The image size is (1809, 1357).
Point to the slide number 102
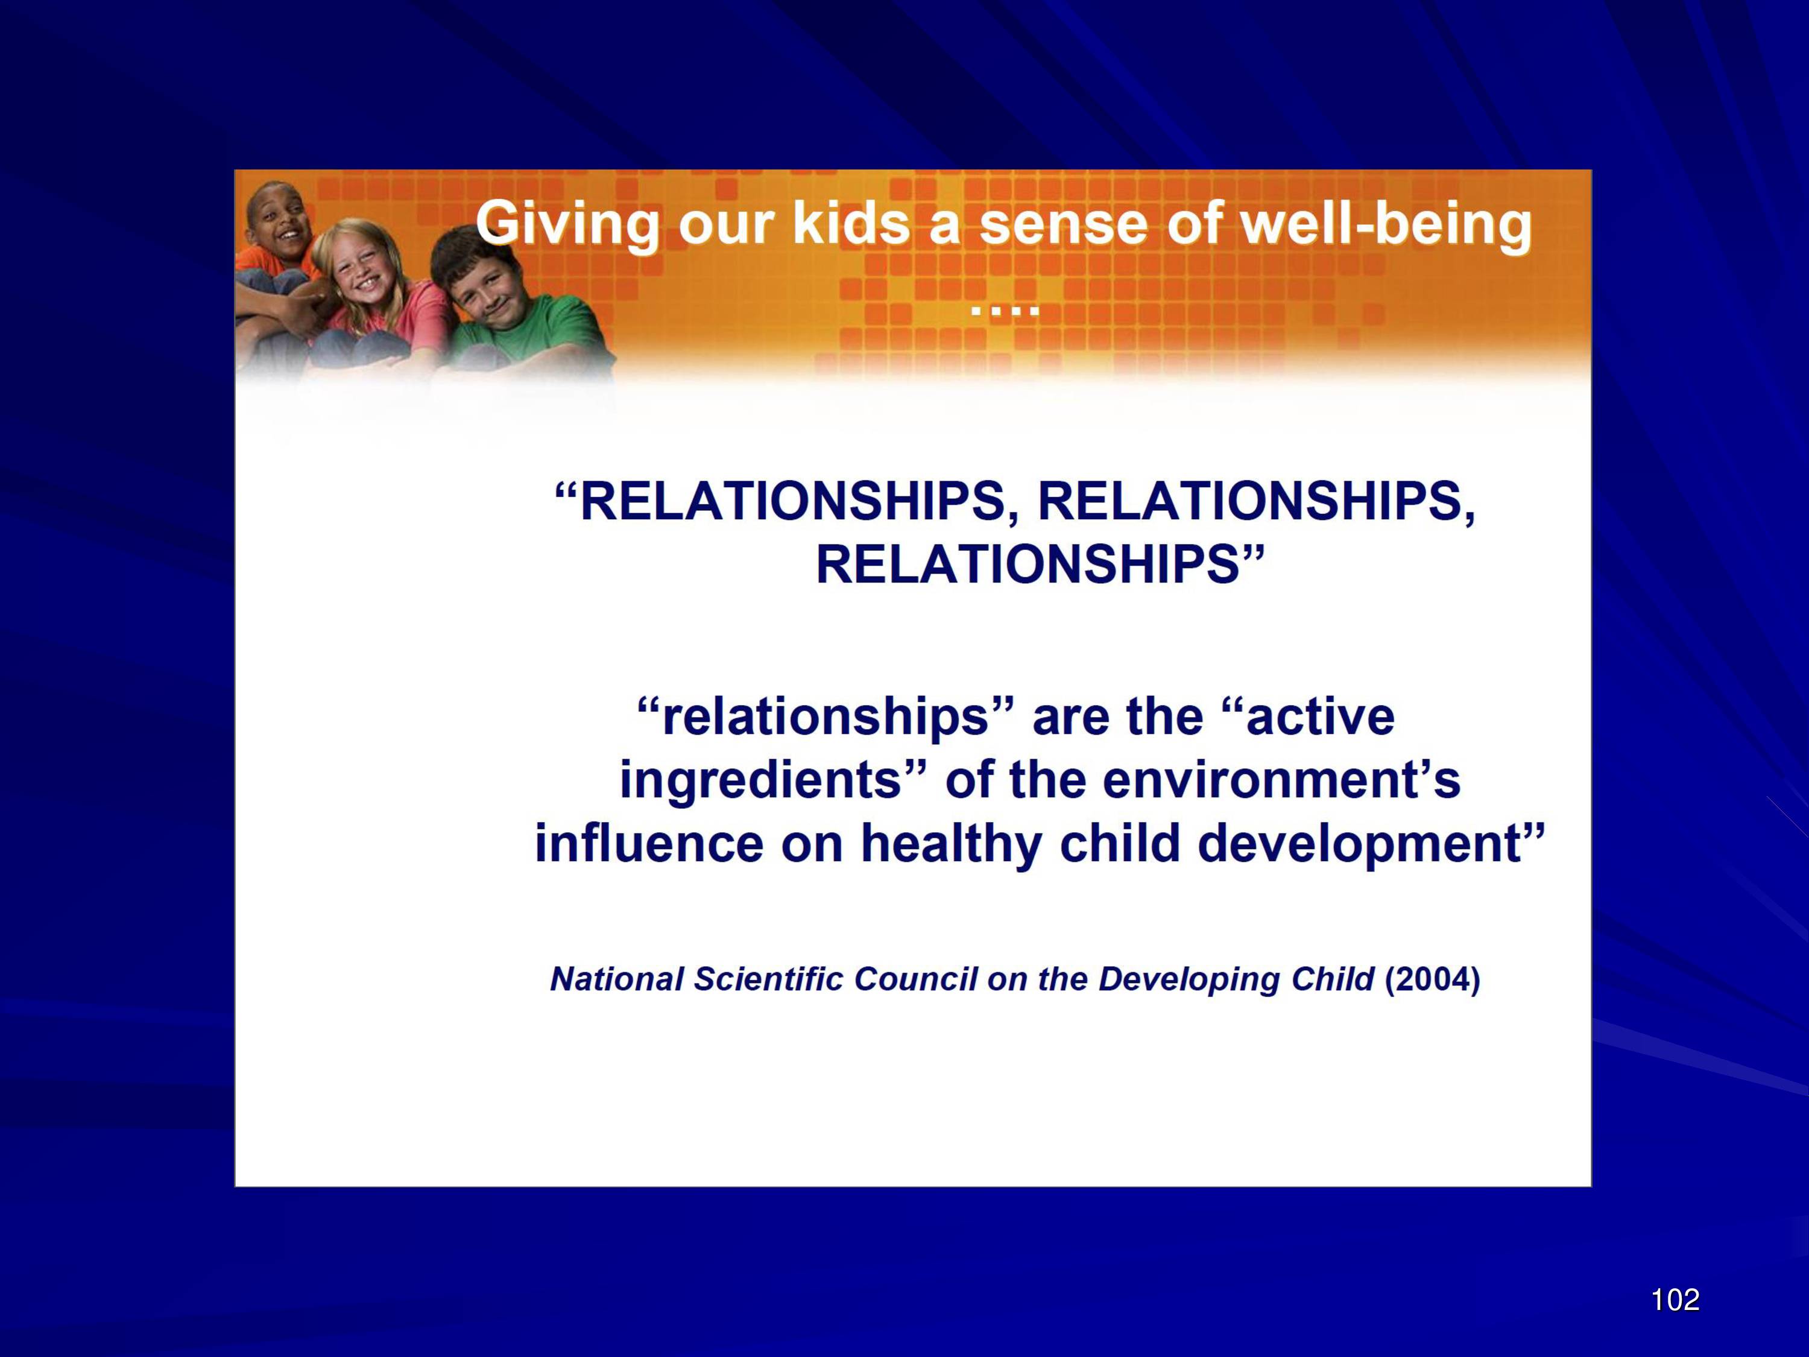[x=1675, y=1299]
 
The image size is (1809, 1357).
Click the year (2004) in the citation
[x=1432, y=979]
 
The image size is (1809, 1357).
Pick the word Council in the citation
[x=915, y=979]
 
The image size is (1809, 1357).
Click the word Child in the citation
[x=1334, y=979]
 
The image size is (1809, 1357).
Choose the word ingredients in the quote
[x=760, y=781]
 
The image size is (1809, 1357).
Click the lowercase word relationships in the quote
[x=825, y=717]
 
